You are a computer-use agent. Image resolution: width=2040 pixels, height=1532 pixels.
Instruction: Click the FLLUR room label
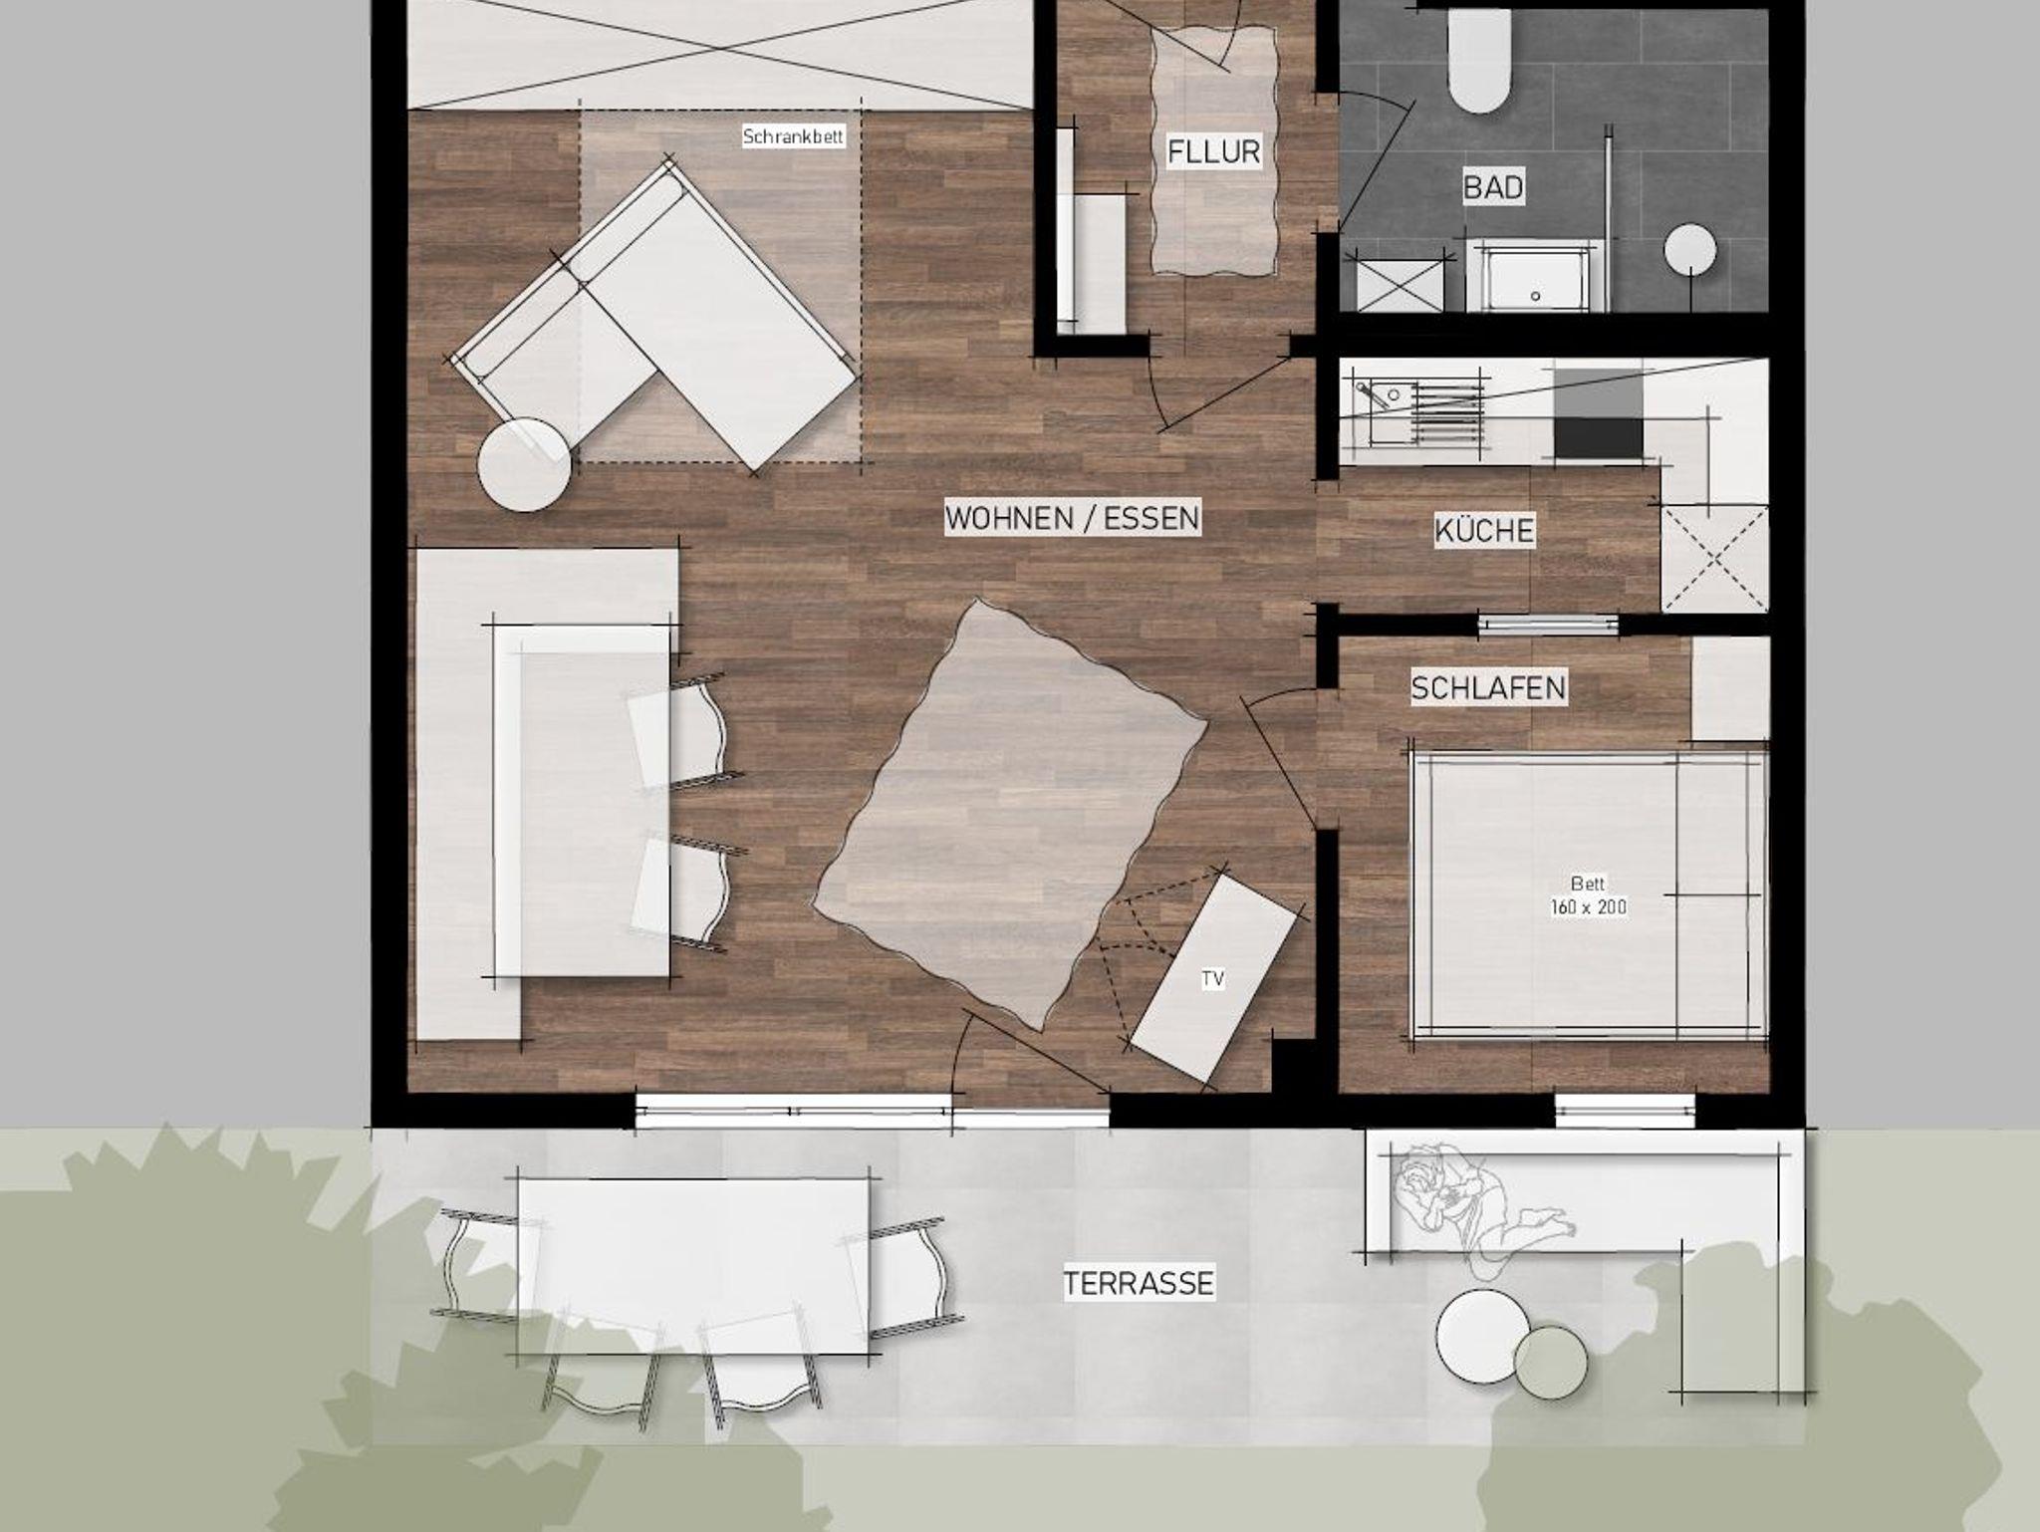pyautogui.click(x=1213, y=152)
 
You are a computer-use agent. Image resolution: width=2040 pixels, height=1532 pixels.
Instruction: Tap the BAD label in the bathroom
pyautogui.click(x=1493, y=187)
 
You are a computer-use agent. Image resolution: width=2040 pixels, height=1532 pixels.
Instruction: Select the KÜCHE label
pyautogui.click(x=1484, y=530)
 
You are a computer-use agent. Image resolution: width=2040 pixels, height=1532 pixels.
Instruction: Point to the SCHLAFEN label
pyautogui.click(x=1488, y=687)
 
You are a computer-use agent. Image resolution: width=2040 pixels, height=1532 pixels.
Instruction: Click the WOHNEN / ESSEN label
pyautogui.click(x=1073, y=518)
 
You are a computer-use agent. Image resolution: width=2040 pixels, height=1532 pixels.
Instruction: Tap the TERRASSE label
pyautogui.click(x=1139, y=1283)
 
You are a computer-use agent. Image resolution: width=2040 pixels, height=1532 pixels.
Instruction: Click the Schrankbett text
pyautogui.click(x=794, y=136)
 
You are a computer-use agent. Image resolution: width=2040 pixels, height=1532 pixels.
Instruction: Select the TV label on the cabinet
pyautogui.click(x=1212, y=979)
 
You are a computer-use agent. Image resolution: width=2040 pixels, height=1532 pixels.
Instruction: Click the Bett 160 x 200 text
pyautogui.click(x=1588, y=895)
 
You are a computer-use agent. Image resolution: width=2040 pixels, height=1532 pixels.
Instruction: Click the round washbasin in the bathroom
pyautogui.click(x=1690, y=249)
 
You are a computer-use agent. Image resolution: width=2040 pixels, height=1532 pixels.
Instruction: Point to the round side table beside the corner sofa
pyautogui.click(x=525, y=465)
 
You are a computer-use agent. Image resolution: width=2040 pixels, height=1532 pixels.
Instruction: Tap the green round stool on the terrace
pyautogui.click(x=1551, y=1363)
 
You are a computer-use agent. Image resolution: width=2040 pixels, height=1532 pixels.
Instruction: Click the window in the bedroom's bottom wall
pyautogui.click(x=1625, y=1111)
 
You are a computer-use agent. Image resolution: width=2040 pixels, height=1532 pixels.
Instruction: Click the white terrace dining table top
pyautogui.click(x=694, y=1266)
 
